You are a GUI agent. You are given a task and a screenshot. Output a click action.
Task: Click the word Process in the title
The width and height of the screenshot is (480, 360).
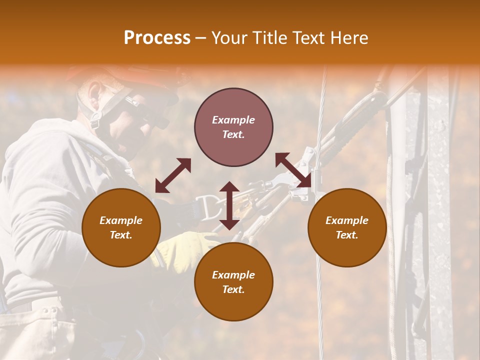click(x=157, y=38)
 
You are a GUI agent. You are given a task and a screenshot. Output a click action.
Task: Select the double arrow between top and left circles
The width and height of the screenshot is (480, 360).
click(x=173, y=175)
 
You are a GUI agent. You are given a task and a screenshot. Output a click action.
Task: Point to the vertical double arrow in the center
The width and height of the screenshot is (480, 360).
click(x=229, y=205)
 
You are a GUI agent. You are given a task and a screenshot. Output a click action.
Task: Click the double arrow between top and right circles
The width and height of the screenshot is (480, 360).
click(x=293, y=170)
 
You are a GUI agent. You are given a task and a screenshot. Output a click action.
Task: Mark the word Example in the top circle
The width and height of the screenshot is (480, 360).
click(x=233, y=120)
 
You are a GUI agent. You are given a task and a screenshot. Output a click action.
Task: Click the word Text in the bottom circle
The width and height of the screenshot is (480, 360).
click(x=233, y=289)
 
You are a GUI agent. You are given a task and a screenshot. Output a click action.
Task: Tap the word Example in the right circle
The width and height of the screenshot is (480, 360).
click(x=347, y=220)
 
